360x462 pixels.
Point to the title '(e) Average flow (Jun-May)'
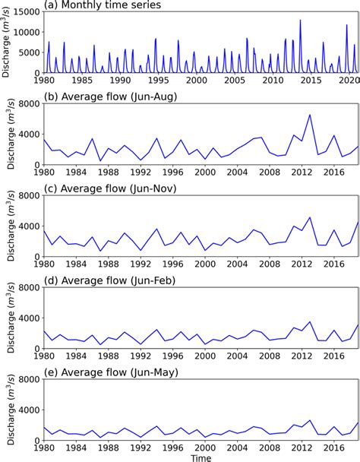pyautogui.click(x=112, y=370)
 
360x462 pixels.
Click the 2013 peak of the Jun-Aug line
pyautogui.click(x=310, y=115)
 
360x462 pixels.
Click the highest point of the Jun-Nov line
pyautogui.click(x=310, y=217)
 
